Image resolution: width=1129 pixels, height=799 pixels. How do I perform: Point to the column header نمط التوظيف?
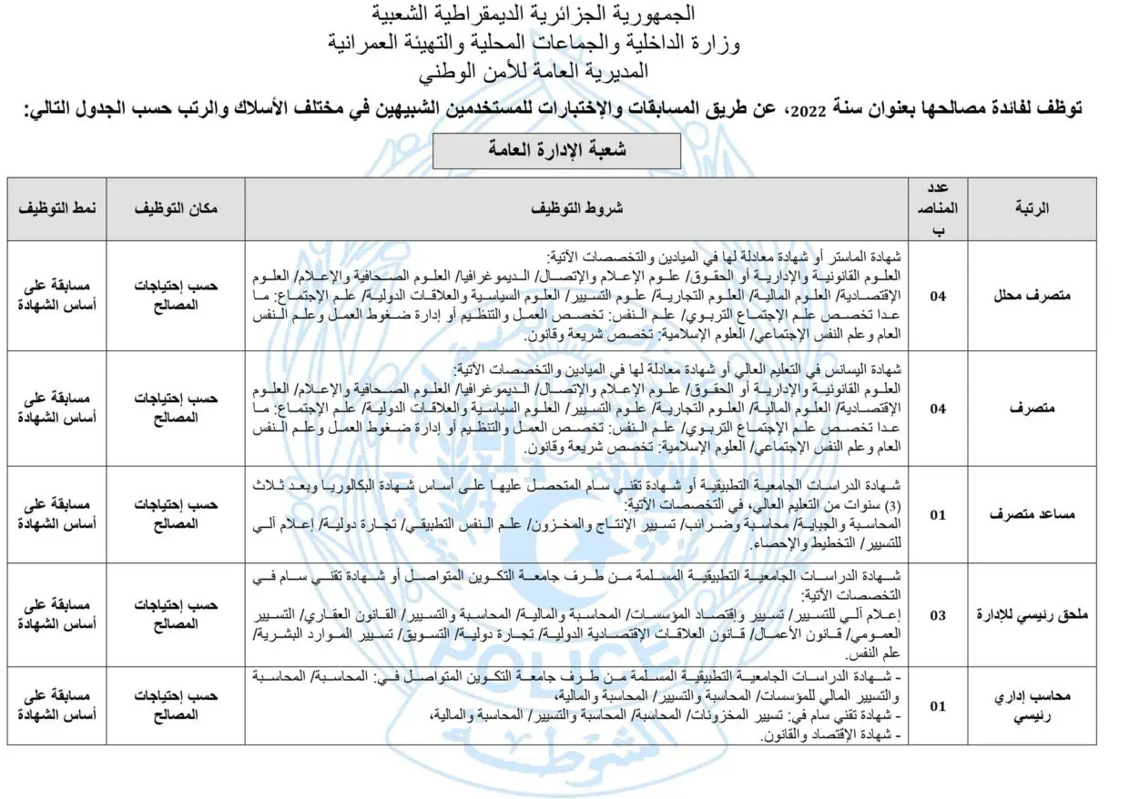tap(57, 208)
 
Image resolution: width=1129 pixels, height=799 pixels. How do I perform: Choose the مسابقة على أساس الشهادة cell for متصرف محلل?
tap(57, 296)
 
